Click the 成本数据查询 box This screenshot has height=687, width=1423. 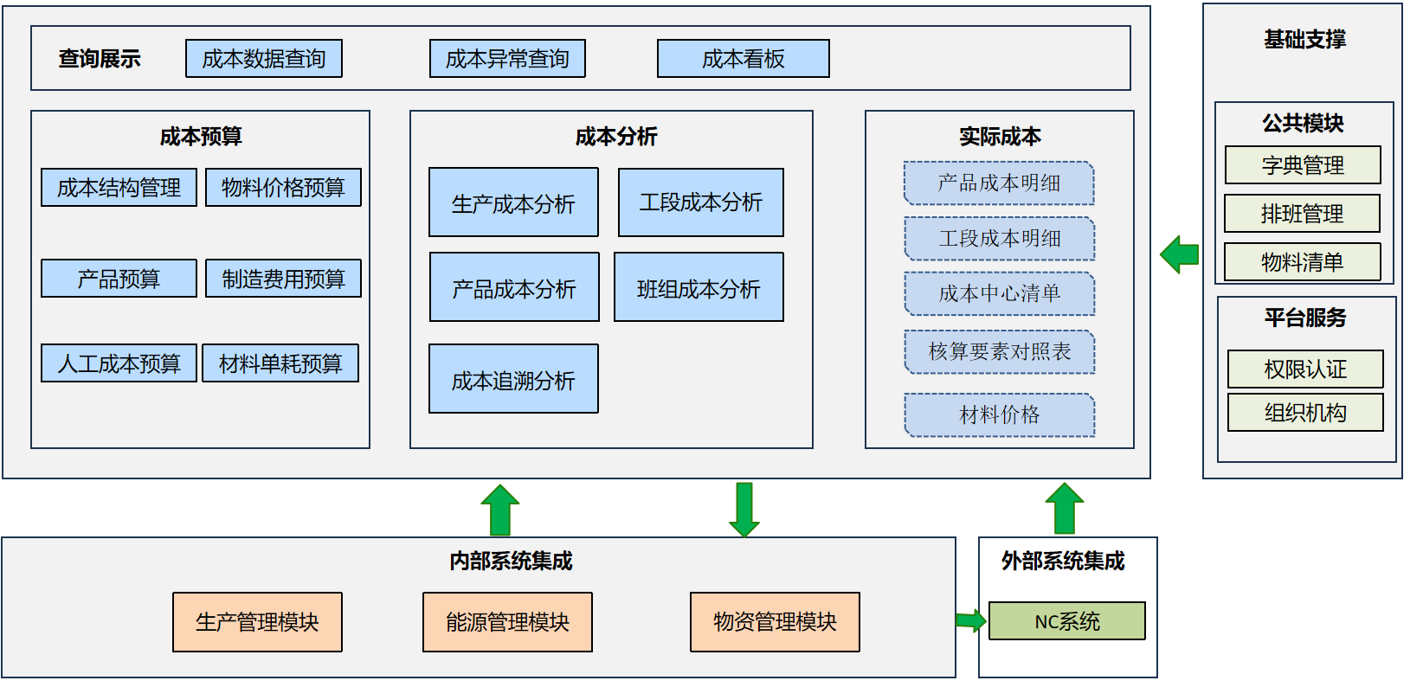264,59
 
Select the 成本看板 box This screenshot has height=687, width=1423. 743,59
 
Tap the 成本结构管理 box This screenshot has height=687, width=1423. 119,187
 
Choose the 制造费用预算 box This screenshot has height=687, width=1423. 283,279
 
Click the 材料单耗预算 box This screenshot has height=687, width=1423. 280,363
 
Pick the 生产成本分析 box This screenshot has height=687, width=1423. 513,202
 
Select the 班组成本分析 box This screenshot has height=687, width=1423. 699,287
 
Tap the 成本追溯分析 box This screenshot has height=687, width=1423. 513,379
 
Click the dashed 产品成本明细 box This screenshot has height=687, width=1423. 999,183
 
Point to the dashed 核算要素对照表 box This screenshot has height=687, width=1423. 999,351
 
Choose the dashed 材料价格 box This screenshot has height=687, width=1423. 999,415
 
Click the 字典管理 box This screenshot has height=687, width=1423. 1303,165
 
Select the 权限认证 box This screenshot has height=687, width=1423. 1305,369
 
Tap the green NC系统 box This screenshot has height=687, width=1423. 1066,621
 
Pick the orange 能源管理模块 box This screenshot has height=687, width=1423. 507,622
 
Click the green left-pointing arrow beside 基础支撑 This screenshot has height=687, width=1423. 1179,254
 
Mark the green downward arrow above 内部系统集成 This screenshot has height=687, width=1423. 744,510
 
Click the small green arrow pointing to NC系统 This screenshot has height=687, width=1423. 970,620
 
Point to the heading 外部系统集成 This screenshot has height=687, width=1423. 1063,562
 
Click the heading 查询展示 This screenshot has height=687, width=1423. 100,59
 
